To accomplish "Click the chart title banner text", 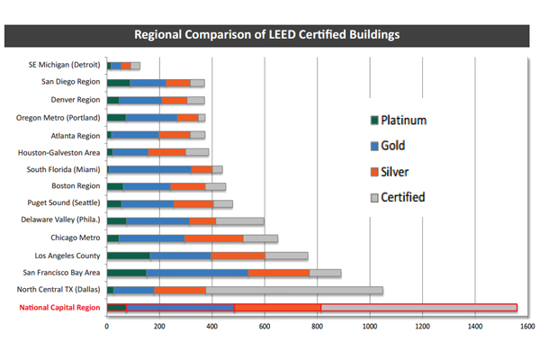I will click(266, 35).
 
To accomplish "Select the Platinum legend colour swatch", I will click(373, 120).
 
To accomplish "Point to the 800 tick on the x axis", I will click(317, 330).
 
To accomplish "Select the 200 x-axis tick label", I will click(159, 330).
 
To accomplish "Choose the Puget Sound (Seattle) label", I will click(61, 203).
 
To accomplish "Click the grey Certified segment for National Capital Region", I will click(418, 308).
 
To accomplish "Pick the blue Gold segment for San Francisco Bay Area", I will click(197, 273).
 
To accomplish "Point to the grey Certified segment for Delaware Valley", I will click(239, 220).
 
